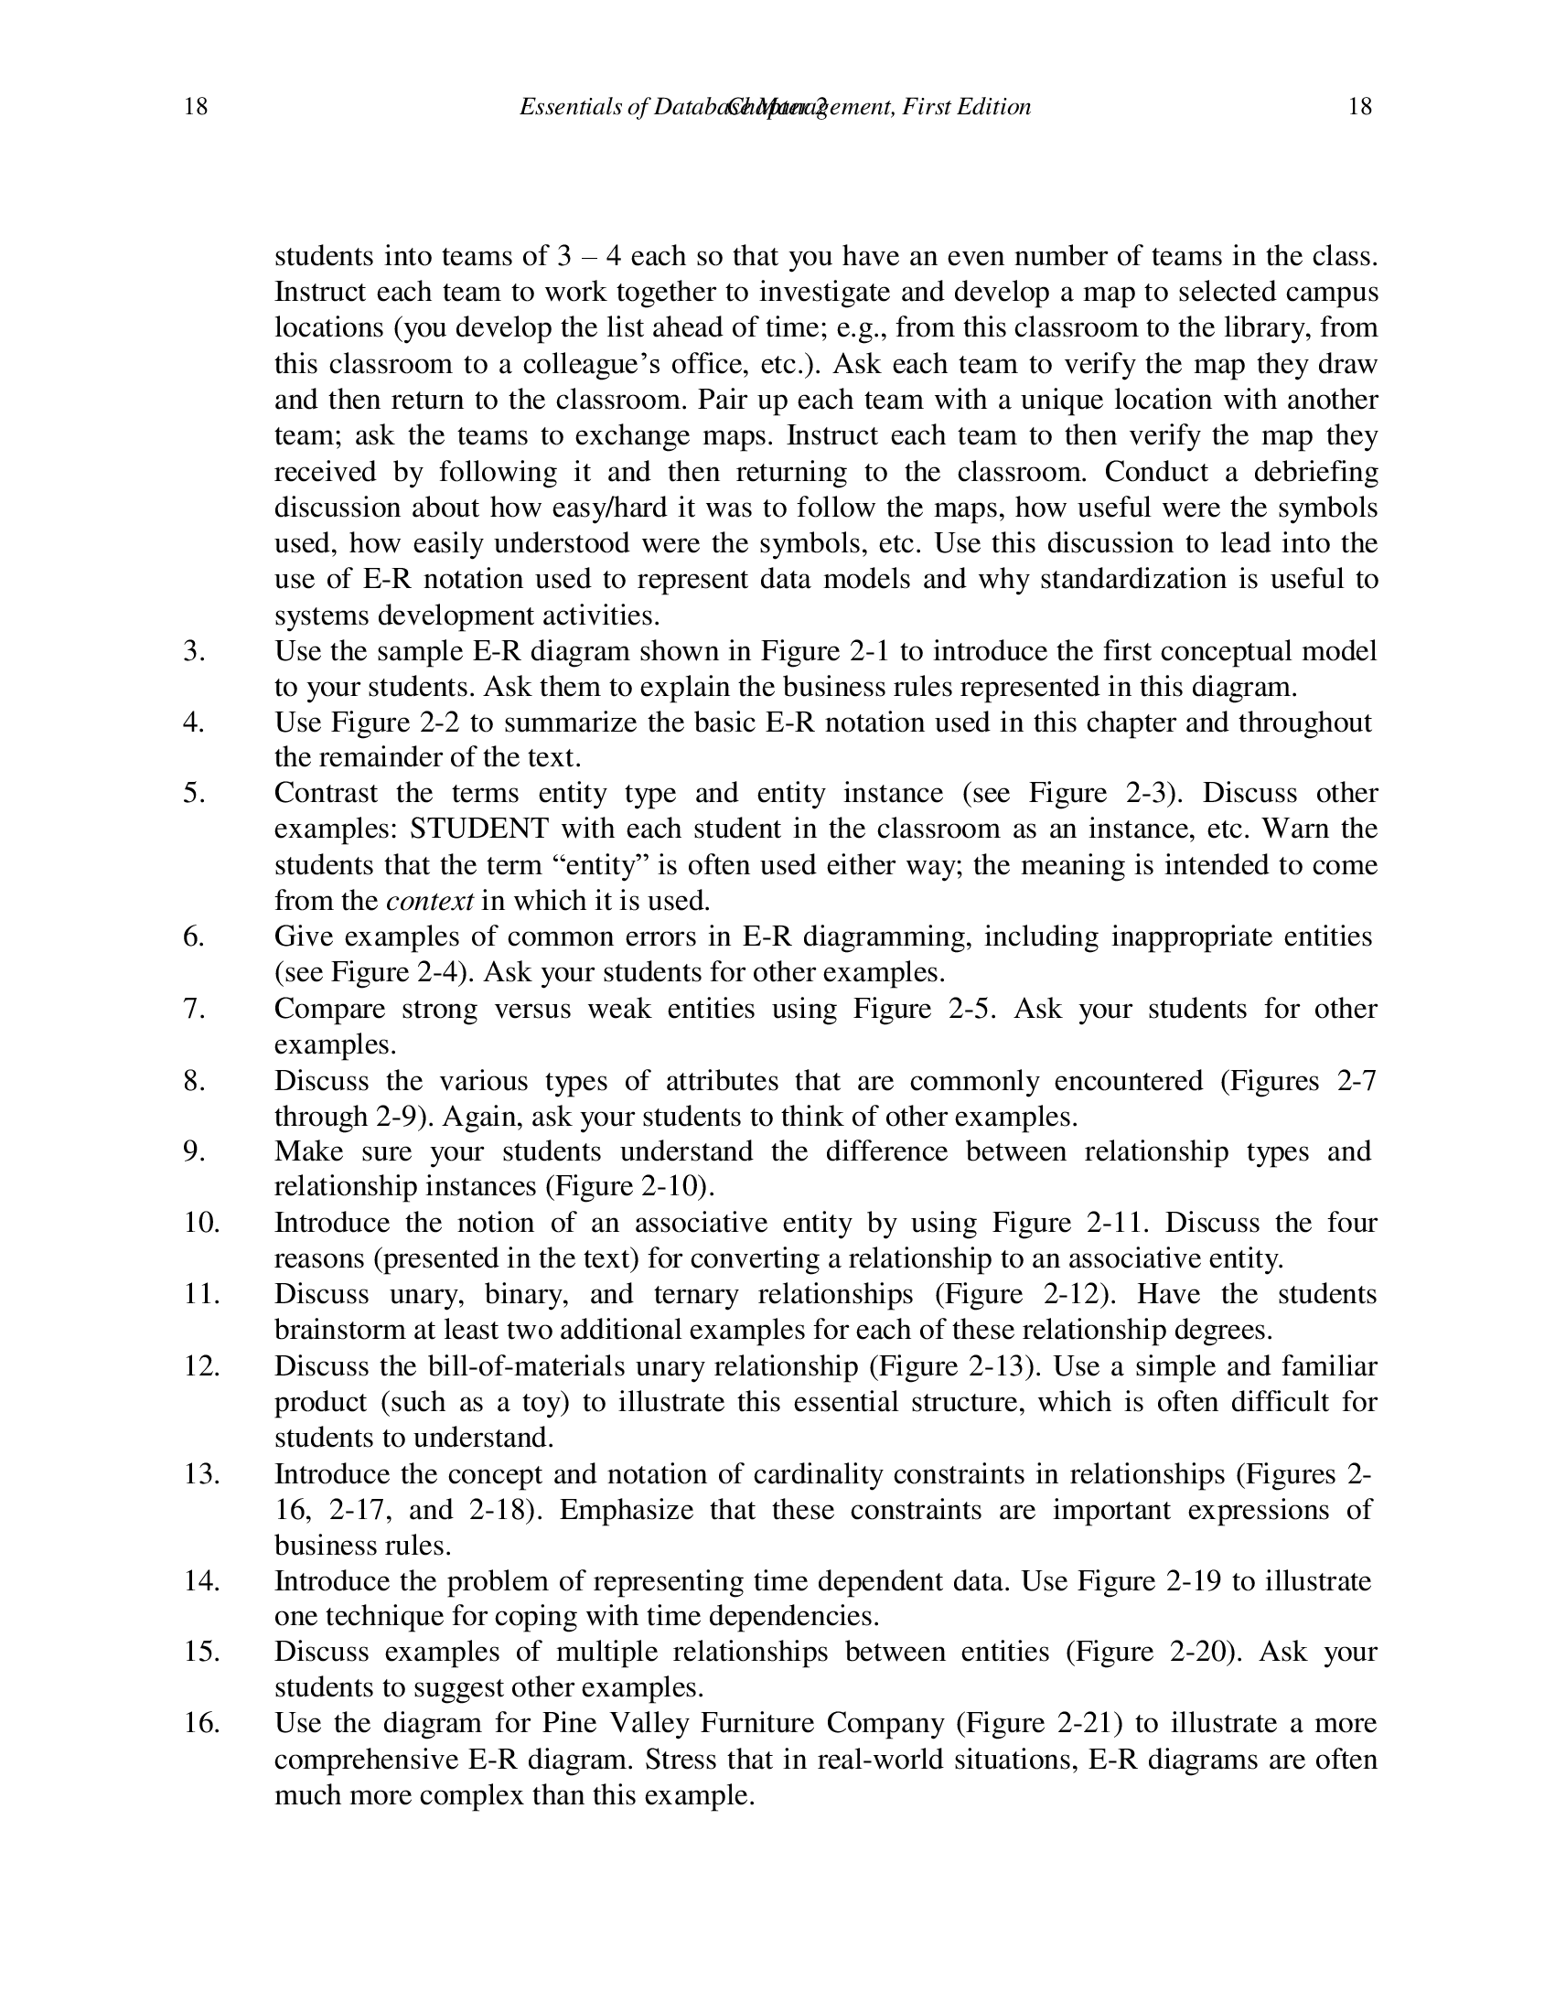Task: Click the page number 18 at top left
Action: (x=196, y=107)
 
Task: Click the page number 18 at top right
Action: (x=1359, y=107)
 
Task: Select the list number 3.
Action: (x=193, y=651)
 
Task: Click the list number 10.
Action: (x=201, y=1223)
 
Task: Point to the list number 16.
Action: (x=201, y=1723)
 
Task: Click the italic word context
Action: (x=429, y=900)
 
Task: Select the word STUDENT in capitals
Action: (x=479, y=829)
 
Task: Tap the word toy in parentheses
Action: (x=539, y=1401)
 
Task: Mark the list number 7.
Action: (x=193, y=1009)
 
